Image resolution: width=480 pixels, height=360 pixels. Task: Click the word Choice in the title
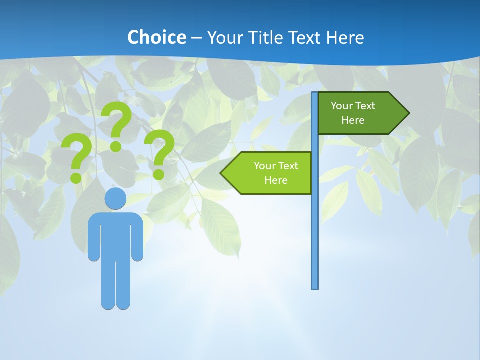click(156, 38)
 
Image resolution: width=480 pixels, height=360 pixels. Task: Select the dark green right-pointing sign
click(357, 113)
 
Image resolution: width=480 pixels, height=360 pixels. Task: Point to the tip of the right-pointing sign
click(408, 113)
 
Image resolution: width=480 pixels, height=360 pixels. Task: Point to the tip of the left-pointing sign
click(221, 173)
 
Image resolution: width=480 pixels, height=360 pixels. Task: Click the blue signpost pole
click(315, 225)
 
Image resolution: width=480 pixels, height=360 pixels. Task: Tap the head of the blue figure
click(115, 198)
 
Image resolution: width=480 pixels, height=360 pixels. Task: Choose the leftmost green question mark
click(77, 155)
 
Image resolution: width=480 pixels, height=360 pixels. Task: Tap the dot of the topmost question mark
click(116, 146)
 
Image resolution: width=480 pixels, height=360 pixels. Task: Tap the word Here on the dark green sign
click(353, 120)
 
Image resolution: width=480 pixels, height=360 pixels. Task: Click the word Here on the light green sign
click(276, 180)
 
